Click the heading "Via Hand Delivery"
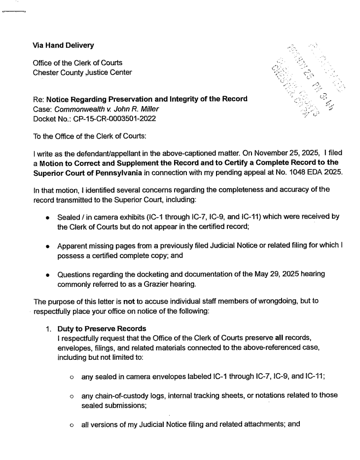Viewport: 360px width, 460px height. point(63,45)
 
